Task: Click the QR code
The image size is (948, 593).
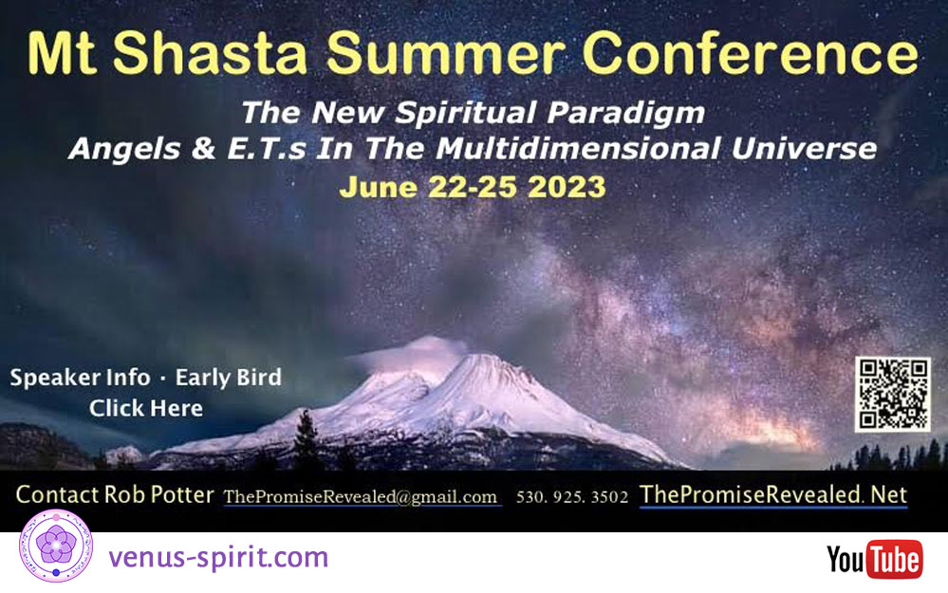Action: (892, 394)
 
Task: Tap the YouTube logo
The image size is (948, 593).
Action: (874, 559)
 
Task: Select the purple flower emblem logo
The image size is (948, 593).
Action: (56, 546)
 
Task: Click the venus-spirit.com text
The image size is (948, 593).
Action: (218, 557)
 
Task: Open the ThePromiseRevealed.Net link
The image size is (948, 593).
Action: (773, 495)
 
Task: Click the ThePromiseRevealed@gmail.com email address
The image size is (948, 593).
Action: (361, 497)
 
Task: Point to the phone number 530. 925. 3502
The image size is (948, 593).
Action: (572, 497)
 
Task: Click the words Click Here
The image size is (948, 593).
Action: (146, 408)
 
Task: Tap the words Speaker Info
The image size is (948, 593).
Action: (80, 378)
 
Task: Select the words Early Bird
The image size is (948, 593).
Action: (228, 378)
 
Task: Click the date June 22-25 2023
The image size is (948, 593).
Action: (473, 187)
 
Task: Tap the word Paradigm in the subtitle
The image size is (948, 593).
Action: (625, 113)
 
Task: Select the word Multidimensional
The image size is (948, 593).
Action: (578, 149)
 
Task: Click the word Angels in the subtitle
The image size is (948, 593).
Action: (124, 150)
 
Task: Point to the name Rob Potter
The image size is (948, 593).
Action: (159, 494)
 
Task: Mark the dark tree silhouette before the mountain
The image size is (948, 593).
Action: (307, 436)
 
